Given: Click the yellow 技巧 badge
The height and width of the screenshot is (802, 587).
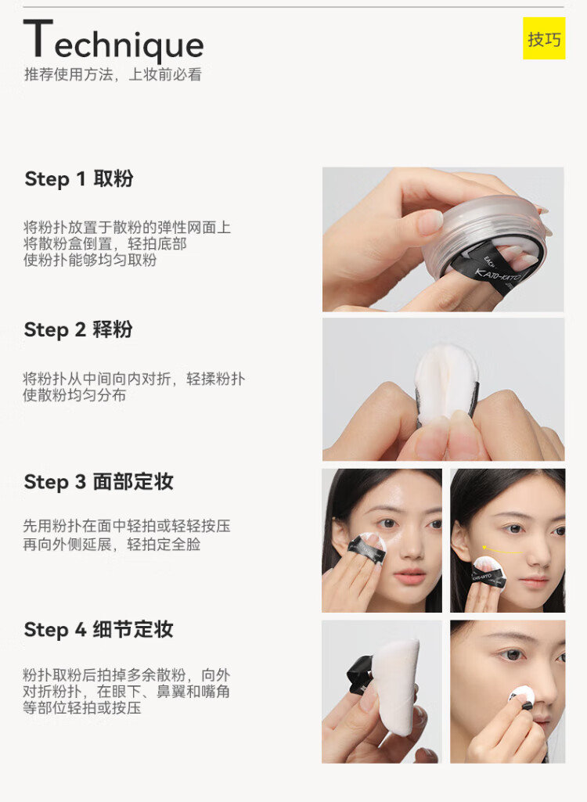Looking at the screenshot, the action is pos(543,38).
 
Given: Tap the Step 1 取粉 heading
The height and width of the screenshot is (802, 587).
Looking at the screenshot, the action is pos(79,179).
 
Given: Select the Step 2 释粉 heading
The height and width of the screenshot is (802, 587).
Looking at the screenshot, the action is pos(78,329).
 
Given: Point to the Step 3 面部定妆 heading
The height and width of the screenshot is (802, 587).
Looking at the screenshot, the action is pos(99,482).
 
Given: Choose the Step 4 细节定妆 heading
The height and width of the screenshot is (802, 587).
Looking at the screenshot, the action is pos(99,630).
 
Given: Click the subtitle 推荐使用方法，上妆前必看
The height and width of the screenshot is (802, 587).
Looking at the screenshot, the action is pos(113,74).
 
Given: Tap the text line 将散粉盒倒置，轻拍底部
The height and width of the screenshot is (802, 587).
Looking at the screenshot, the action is pos(105,243).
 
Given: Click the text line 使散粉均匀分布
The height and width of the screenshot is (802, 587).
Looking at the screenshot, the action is pos(74,395).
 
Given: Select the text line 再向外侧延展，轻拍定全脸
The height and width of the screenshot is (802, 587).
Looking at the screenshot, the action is pos(112,545).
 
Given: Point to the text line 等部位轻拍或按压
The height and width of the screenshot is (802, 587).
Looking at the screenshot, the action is pos(82,708).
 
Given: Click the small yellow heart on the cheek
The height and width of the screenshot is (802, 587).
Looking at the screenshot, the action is pos(484,547).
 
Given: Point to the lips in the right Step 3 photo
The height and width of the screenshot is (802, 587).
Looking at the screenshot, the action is pos(534,582).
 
